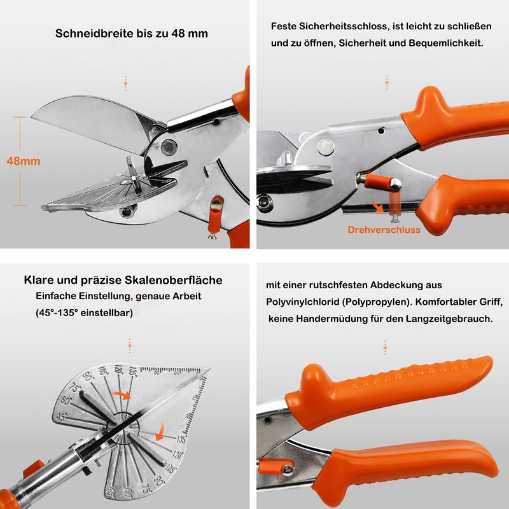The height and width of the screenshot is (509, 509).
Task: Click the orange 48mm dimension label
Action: click(24, 161)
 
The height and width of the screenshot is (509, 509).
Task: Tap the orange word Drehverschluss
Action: click(384, 230)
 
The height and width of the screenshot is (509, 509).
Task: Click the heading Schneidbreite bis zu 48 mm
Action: click(132, 33)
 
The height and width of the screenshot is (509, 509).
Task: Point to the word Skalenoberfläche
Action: click(172, 280)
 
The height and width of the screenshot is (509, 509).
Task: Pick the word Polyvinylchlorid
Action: click(304, 302)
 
